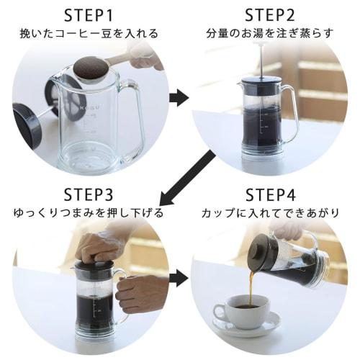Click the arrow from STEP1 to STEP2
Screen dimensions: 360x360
pos(179,98)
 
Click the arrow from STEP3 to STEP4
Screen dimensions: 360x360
pos(179,277)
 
